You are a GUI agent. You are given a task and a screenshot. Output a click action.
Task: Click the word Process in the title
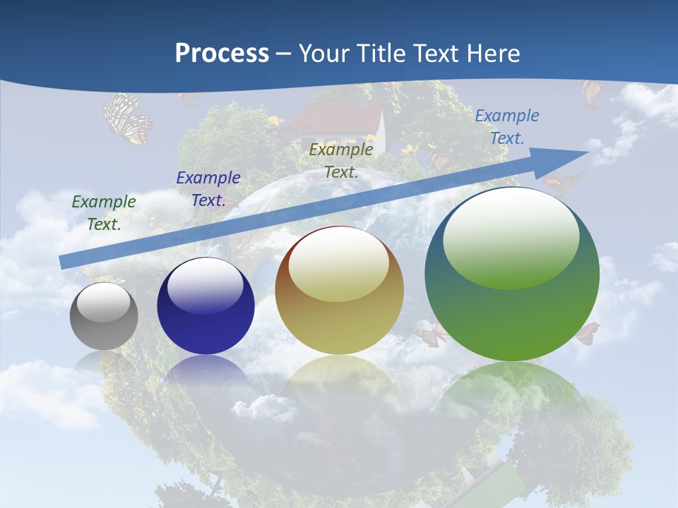tap(222, 54)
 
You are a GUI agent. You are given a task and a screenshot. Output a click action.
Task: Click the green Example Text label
tap(104, 212)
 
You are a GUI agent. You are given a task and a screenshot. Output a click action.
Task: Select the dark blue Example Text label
tap(208, 188)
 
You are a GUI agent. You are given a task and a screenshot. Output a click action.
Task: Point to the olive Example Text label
tap(341, 160)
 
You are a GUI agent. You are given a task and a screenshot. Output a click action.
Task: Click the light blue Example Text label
tap(507, 126)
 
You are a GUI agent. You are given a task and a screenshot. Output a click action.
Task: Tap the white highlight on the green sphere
tap(511, 237)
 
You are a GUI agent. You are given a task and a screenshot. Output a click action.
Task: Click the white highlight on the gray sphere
tap(104, 303)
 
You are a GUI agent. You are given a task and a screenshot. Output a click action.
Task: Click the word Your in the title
tap(322, 54)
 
